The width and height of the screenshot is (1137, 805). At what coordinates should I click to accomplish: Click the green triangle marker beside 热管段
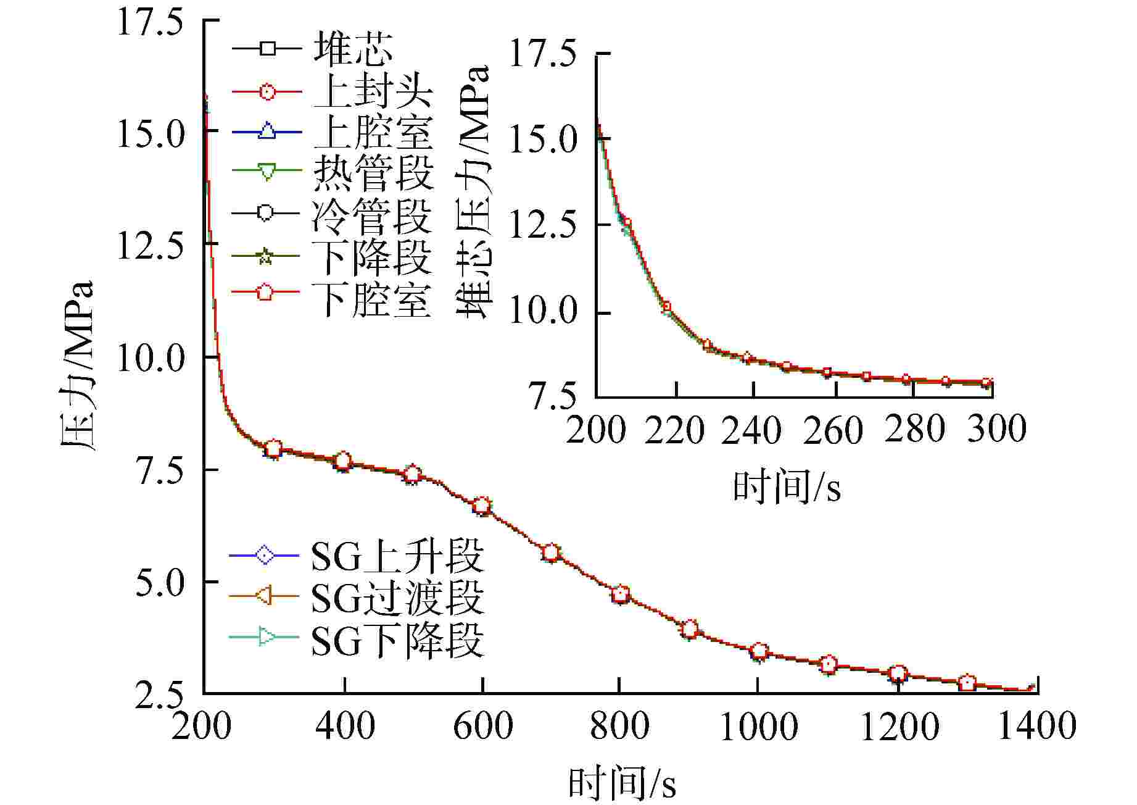[267, 172]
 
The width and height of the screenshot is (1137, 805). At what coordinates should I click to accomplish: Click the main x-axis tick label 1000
[758, 726]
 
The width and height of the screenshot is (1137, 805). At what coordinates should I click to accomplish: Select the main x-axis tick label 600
[482, 726]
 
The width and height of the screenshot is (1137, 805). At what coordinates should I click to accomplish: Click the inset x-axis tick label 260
[833, 430]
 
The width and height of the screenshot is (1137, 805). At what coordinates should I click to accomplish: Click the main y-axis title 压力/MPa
[77, 365]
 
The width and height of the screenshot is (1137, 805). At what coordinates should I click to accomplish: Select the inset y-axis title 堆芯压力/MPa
[474, 191]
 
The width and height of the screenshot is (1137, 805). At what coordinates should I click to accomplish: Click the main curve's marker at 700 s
[551, 553]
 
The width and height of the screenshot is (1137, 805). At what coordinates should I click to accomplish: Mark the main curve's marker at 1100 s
[829, 664]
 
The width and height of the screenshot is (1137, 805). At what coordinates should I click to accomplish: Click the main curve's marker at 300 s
[274, 448]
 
